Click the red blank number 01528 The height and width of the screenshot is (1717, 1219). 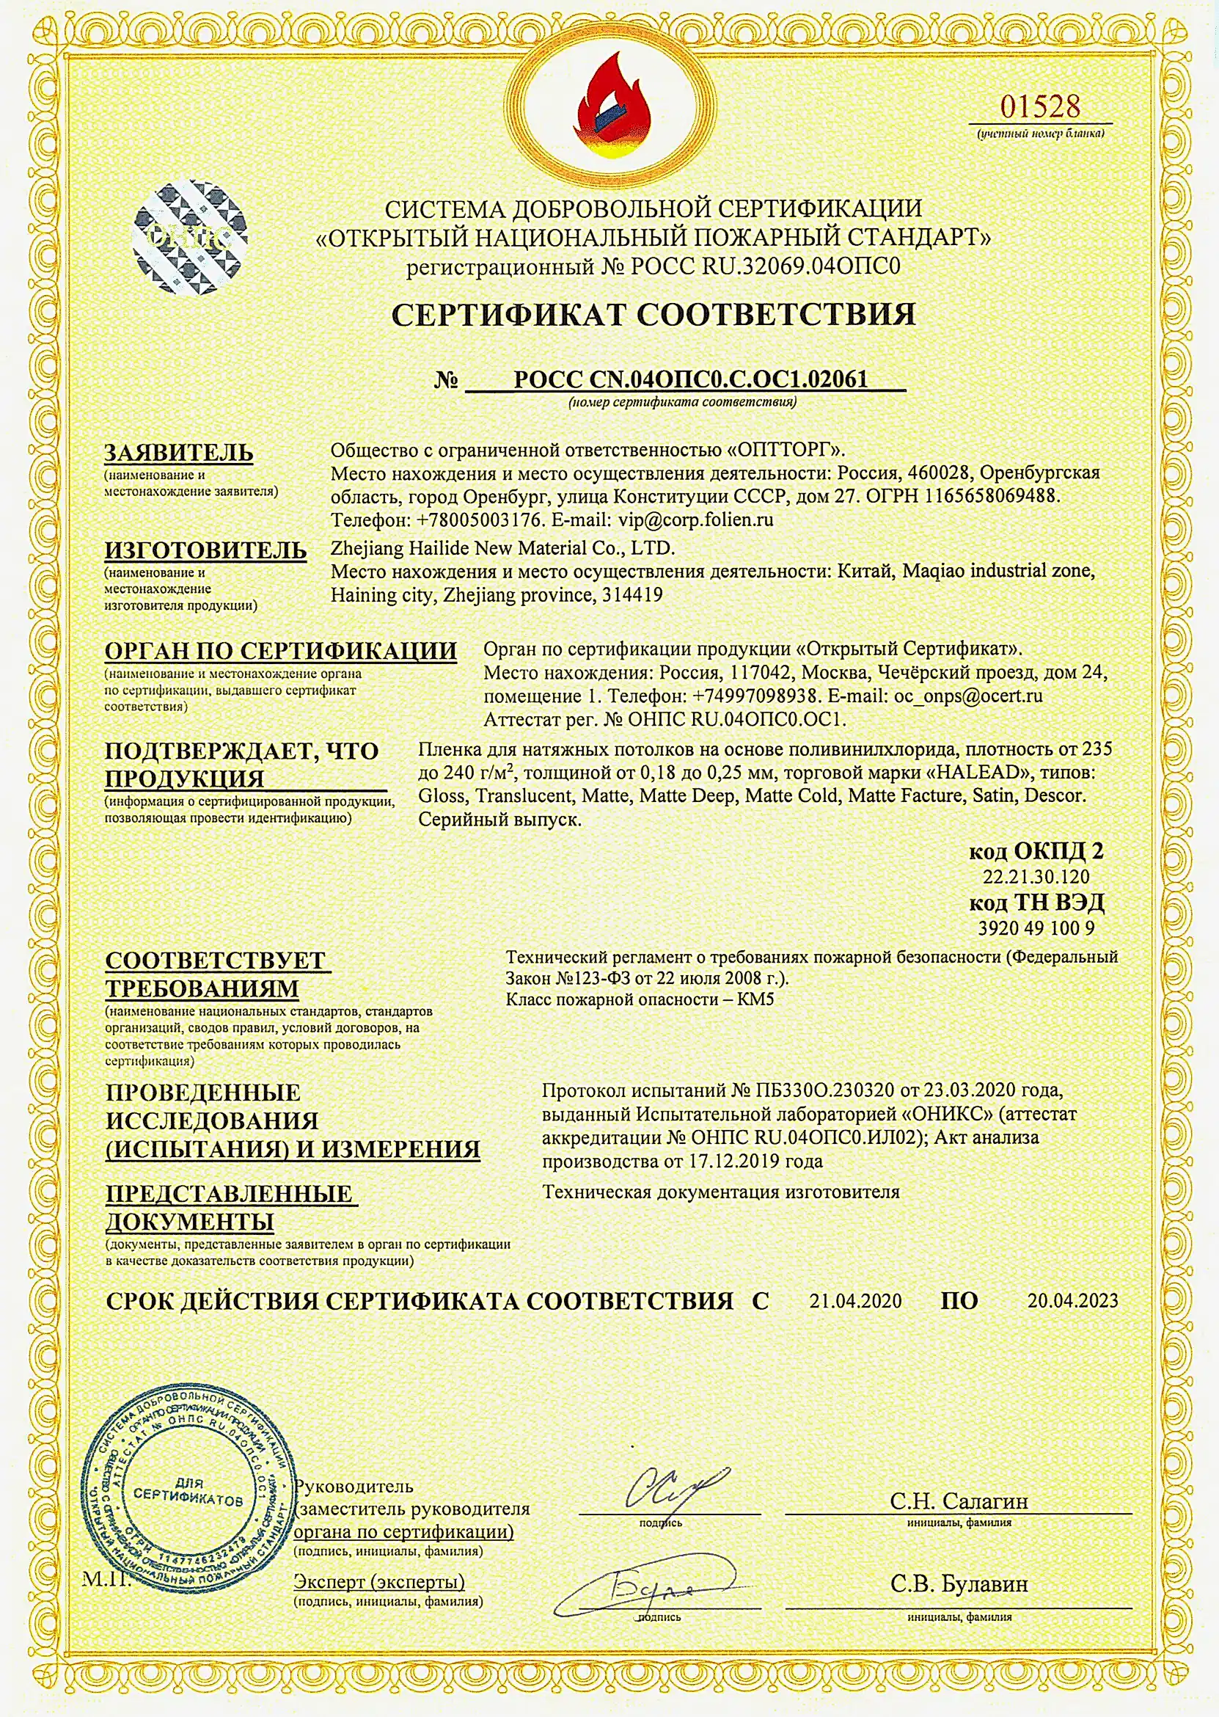1039,106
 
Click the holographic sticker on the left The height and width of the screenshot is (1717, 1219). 189,237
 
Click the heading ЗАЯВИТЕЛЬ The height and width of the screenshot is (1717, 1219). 179,453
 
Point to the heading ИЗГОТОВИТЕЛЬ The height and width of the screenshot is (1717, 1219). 205,550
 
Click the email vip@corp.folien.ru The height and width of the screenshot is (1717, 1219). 695,520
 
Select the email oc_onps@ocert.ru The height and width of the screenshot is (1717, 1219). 967,696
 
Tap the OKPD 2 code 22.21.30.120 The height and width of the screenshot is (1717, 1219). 1036,876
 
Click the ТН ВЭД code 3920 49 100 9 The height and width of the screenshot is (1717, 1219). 1036,928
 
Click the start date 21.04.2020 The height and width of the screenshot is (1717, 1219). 855,1301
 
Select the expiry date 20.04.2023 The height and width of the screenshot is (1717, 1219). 1072,1301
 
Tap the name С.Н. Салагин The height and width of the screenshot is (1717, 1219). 959,1501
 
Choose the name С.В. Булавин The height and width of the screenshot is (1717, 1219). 959,1584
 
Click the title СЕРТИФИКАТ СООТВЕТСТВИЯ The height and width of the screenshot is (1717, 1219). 653,315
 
